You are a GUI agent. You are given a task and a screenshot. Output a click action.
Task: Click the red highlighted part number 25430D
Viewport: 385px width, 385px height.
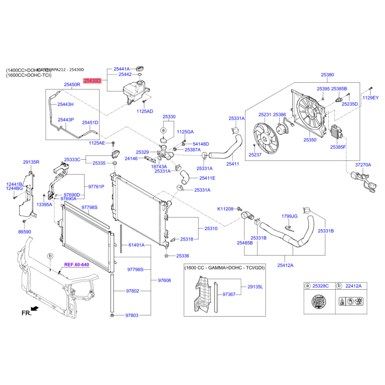(92, 81)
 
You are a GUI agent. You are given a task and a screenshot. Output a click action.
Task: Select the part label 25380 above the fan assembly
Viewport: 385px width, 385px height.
(327, 75)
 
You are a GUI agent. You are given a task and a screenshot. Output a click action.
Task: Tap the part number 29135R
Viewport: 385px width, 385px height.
(31, 163)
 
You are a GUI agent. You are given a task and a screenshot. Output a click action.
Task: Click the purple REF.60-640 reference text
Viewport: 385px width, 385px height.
(77, 264)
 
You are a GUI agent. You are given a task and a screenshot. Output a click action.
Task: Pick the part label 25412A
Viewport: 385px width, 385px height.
(285, 265)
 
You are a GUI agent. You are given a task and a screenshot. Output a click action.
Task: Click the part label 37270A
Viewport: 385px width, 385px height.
(363, 165)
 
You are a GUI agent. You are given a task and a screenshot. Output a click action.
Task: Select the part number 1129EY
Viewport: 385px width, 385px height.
(371, 98)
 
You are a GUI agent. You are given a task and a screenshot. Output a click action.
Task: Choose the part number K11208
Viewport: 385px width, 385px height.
(225, 209)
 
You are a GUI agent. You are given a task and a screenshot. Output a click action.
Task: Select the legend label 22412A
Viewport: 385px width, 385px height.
(354, 286)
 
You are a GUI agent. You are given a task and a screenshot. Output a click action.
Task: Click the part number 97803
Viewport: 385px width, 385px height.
(132, 316)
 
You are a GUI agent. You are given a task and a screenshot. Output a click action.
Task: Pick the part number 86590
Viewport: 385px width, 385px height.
(24, 232)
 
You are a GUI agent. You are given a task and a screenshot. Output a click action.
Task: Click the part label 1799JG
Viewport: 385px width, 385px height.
(289, 217)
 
